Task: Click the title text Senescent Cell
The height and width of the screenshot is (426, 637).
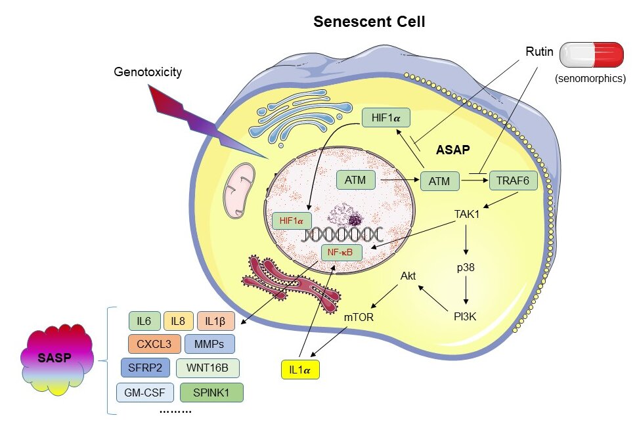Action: (x=369, y=22)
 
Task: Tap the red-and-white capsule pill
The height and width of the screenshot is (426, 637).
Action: (x=591, y=54)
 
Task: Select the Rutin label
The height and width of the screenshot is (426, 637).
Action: (x=539, y=51)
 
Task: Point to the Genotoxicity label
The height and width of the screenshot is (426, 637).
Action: (x=146, y=72)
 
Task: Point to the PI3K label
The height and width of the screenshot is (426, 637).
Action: (x=467, y=316)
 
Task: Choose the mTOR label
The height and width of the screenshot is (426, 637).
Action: (x=359, y=317)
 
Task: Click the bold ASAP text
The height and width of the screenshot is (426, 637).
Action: (x=452, y=150)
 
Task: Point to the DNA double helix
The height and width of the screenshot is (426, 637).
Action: (x=341, y=234)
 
